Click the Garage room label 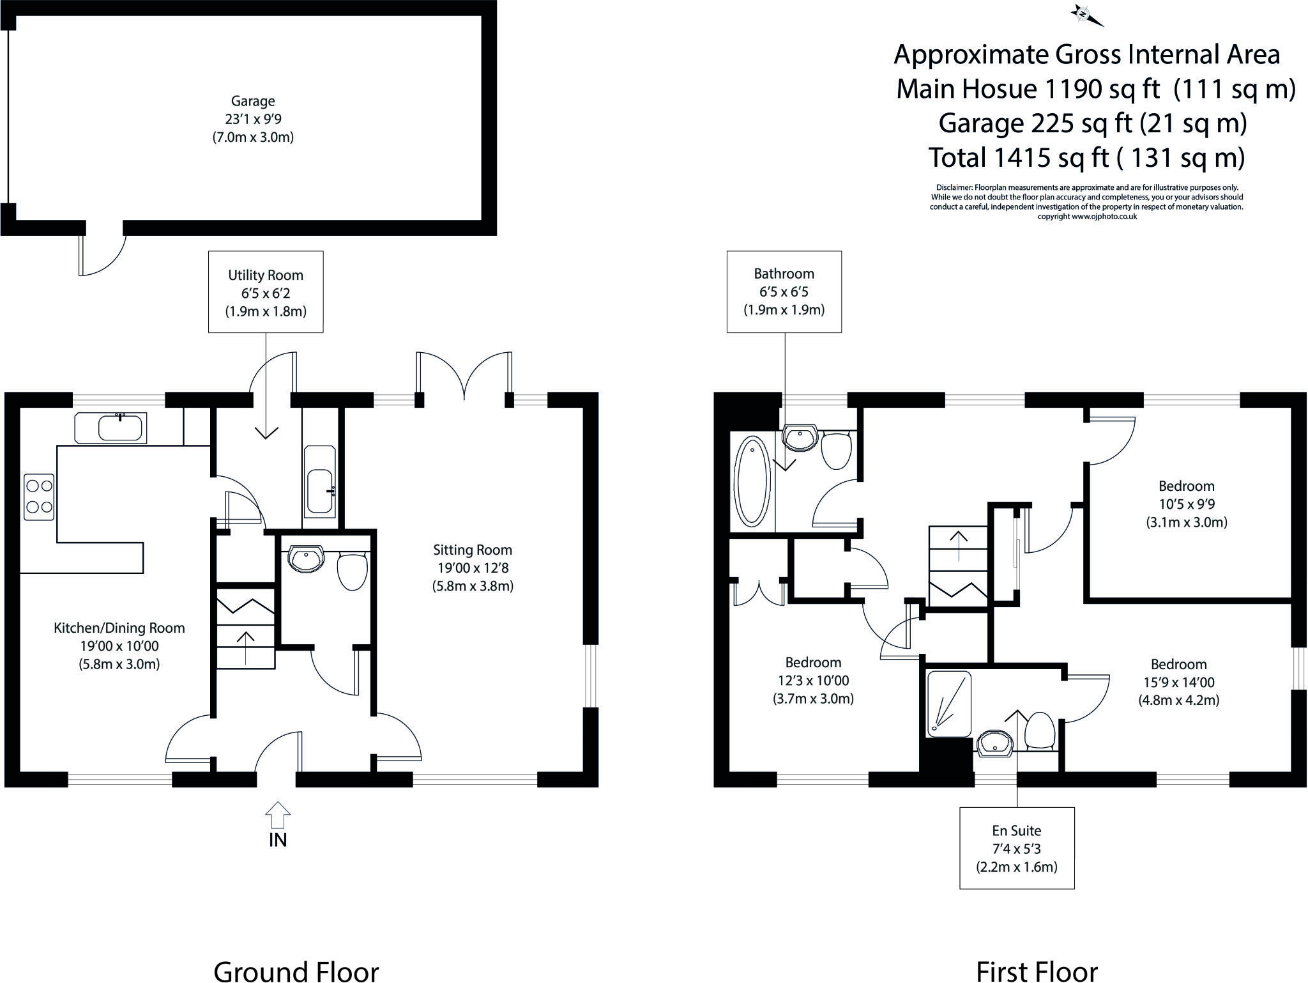click(253, 119)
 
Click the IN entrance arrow click(278, 816)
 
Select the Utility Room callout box click(266, 292)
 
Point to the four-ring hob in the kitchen click(39, 497)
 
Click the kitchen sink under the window click(120, 428)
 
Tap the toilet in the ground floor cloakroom click(351, 571)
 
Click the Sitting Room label click(473, 568)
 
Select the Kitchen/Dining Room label click(119, 646)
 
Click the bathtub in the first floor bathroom click(752, 481)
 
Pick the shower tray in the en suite click(948, 703)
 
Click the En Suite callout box click(1017, 848)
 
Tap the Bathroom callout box click(784, 291)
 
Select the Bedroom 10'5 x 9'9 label click(1187, 504)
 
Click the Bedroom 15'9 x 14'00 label click(1179, 682)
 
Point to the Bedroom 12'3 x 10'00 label click(813, 680)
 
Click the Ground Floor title click(296, 970)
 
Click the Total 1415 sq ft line click(1086, 157)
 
